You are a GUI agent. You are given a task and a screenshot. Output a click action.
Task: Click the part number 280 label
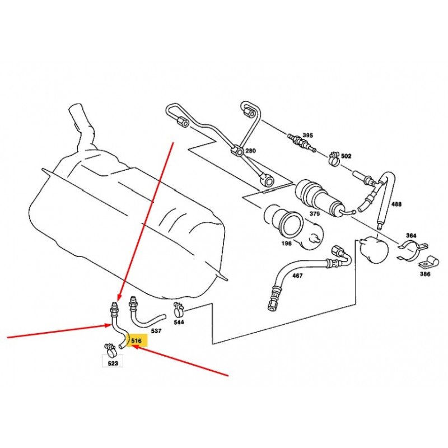click(250, 151)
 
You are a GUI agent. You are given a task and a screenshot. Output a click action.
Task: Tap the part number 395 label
click(307, 135)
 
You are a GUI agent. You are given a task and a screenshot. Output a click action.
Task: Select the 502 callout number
click(346, 156)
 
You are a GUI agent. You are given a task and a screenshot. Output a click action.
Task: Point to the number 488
click(396, 204)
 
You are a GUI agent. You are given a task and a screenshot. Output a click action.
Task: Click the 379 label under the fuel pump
click(315, 213)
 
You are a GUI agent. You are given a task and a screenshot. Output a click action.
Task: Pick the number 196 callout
click(287, 243)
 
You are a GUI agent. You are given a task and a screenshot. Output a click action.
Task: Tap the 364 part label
click(411, 235)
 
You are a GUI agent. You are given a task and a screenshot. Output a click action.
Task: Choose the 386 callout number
click(425, 274)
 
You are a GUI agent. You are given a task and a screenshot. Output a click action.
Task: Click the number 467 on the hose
click(297, 276)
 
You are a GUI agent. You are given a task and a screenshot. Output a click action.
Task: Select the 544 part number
click(179, 322)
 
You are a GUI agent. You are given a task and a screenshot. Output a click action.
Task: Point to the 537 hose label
click(156, 330)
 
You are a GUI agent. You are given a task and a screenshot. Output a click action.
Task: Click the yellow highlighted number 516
click(137, 340)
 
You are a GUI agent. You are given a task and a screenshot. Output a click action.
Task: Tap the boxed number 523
click(113, 363)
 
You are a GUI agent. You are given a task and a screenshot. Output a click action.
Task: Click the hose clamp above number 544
click(179, 309)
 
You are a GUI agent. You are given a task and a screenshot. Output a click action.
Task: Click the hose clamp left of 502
click(333, 158)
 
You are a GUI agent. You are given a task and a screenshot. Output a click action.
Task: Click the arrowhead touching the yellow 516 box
click(134, 347)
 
